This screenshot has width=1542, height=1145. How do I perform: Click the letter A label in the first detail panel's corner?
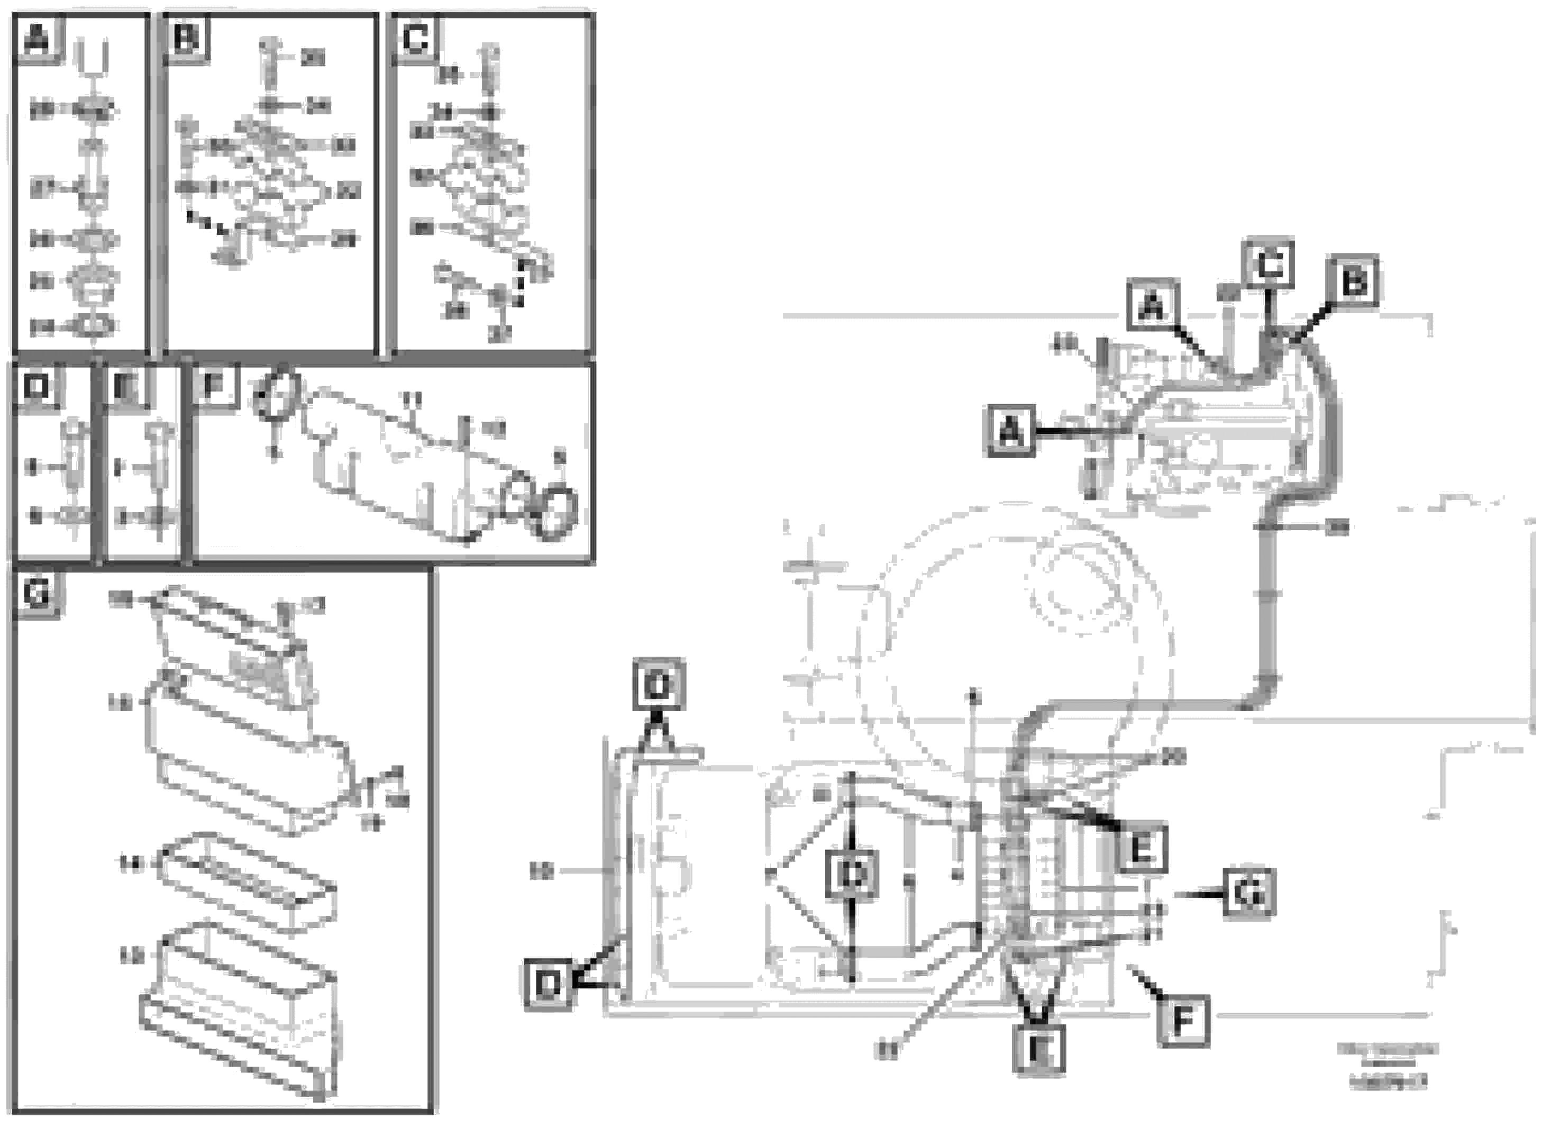click(x=38, y=39)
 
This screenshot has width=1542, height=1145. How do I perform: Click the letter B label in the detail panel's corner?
click(x=186, y=39)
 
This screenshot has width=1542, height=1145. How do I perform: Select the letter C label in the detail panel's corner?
click(x=414, y=39)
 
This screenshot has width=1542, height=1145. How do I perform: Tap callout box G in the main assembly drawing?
click(x=1248, y=895)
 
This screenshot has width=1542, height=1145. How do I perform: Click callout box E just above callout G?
click(x=1142, y=848)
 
